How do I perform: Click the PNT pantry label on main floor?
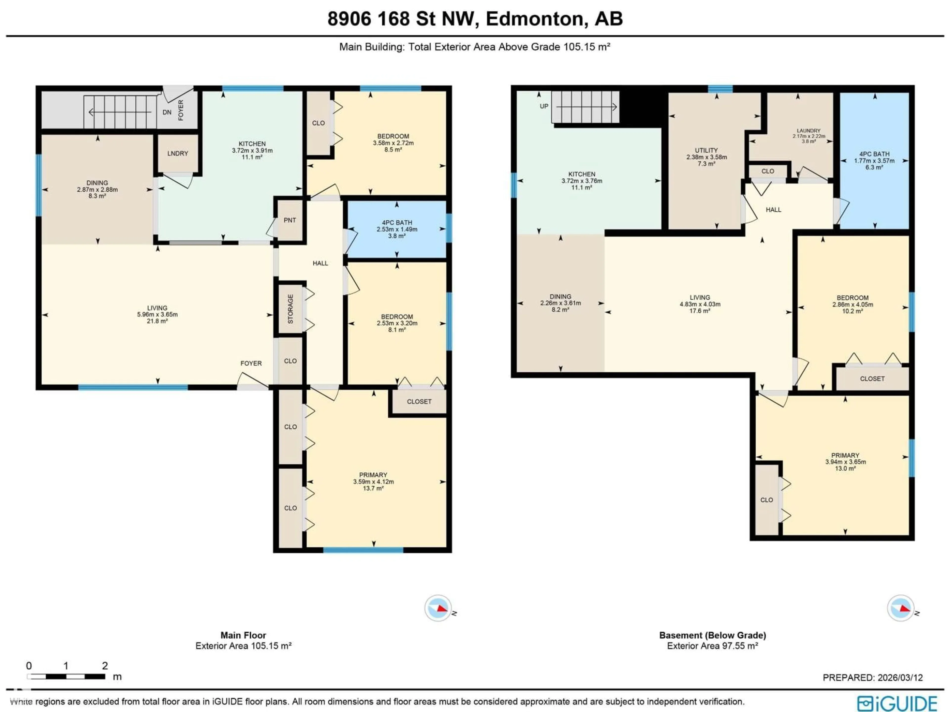coord(290,220)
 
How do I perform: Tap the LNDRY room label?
coord(178,153)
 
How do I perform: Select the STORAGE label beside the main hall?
coord(290,309)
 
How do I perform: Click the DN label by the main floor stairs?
coord(167,112)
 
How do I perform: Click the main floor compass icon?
coord(438,608)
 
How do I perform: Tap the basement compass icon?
coord(901,608)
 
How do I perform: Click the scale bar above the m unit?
coord(66,676)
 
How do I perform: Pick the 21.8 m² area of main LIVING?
coord(157,321)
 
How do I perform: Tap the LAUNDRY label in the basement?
coord(809,131)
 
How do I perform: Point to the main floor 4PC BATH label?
coord(397,222)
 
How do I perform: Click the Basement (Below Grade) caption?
coord(712,635)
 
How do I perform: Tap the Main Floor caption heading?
coord(243,635)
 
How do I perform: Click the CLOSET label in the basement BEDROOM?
coord(872,378)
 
